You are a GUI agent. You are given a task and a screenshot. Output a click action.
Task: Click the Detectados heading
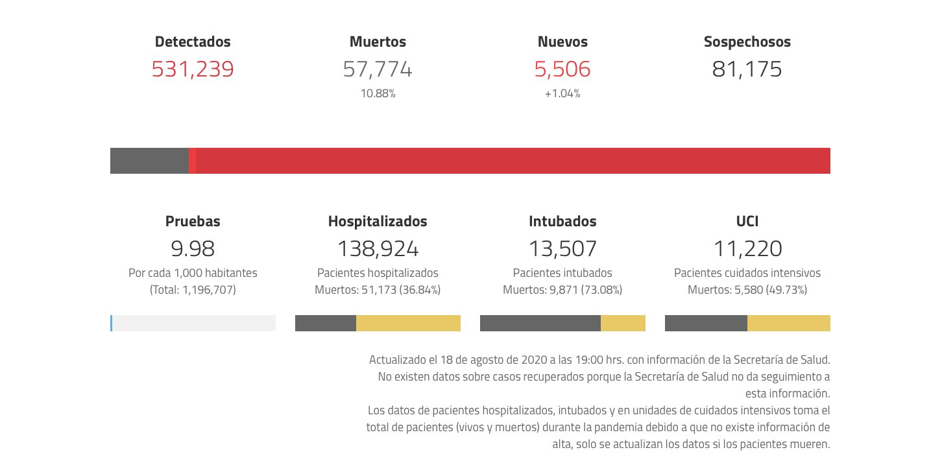click(x=193, y=41)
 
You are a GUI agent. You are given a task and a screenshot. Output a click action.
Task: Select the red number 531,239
click(x=193, y=69)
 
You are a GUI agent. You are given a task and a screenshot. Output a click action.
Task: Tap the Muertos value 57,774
click(x=378, y=69)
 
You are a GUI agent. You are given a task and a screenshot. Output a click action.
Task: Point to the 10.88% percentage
click(x=378, y=93)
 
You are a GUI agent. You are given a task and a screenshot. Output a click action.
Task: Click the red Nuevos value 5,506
click(x=562, y=69)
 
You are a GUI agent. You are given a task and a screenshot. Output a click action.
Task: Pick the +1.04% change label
click(x=562, y=93)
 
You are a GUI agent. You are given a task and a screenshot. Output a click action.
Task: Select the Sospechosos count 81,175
click(x=747, y=69)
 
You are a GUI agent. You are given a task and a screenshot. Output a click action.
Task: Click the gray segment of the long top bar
click(x=149, y=161)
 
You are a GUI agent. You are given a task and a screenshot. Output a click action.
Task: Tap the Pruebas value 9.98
click(x=193, y=248)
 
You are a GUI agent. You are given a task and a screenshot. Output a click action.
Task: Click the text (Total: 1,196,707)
click(x=193, y=290)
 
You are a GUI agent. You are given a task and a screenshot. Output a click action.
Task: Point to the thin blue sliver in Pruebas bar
click(x=112, y=323)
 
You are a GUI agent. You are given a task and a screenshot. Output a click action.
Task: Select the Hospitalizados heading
click(x=378, y=221)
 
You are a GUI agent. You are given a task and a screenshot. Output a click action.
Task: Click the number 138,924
click(x=378, y=248)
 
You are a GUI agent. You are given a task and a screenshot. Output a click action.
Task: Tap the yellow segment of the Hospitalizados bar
click(x=408, y=323)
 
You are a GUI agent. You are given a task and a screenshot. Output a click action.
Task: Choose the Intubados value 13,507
click(x=562, y=248)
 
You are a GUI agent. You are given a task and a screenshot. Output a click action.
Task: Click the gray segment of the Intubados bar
click(x=540, y=323)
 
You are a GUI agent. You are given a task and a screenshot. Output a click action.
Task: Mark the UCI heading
click(x=747, y=221)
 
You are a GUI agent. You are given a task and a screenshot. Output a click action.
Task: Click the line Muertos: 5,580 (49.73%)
click(x=747, y=290)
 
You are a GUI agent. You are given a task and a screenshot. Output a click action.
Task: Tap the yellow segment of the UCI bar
click(x=789, y=323)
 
